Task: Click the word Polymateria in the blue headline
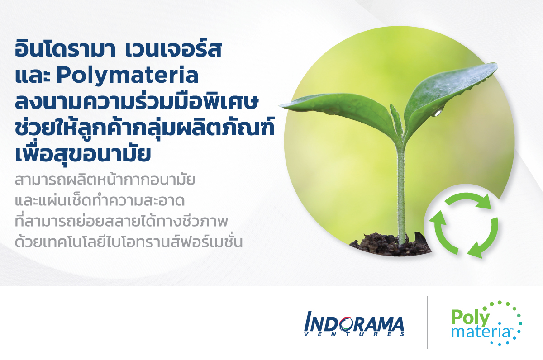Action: click(128, 76)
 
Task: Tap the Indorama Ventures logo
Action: click(354, 324)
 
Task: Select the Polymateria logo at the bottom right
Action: click(486, 323)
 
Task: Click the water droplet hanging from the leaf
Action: click(438, 113)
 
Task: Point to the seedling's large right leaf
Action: click(448, 92)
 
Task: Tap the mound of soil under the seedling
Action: click(390, 245)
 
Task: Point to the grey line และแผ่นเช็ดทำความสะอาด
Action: click(100, 201)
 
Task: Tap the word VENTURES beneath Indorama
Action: click(354, 334)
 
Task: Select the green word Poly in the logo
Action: click(470, 318)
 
